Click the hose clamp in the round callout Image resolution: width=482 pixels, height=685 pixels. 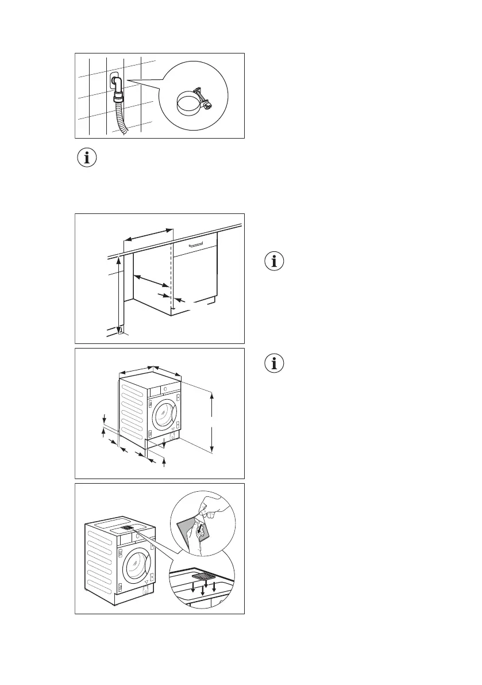pyautogui.click(x=189, y=104)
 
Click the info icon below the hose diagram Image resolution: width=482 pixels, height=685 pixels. pyautogui.click(x=87, y=158)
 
